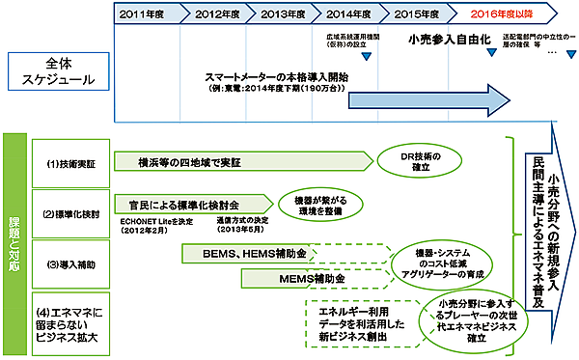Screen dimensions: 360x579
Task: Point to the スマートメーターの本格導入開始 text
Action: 277,76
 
